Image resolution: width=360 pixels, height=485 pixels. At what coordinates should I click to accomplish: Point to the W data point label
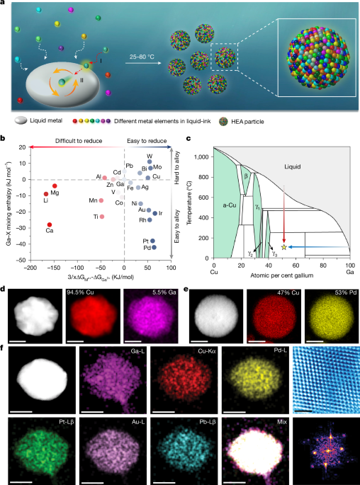coord(150,156)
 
